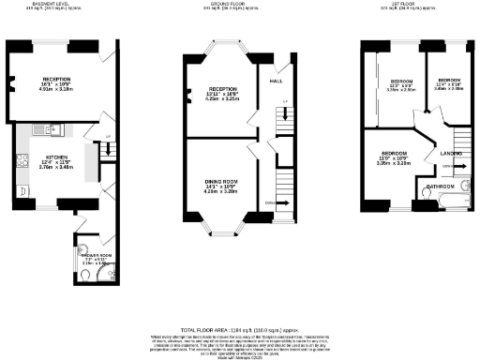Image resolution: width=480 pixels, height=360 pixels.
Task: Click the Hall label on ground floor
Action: click(277, 82)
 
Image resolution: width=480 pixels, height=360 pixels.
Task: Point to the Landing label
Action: click(451, 154)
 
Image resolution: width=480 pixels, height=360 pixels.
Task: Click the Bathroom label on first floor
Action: click(441, 187)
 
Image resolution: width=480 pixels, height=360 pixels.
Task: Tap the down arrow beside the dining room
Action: click(272, 202)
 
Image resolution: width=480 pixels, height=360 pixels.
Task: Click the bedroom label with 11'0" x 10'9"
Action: click(395, 153)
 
